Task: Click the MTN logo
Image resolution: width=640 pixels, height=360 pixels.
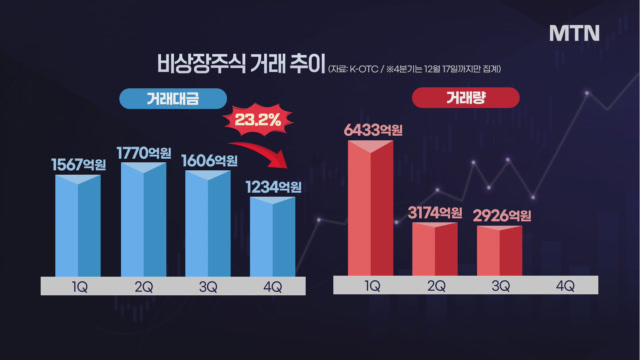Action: coord(574,33)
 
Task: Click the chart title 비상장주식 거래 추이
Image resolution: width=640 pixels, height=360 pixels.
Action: coord(241,63)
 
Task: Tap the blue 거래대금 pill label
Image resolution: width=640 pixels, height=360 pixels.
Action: coord(173,99)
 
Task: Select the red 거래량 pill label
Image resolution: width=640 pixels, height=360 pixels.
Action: coord(466,98)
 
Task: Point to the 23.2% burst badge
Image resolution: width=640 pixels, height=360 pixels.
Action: coord(258,120)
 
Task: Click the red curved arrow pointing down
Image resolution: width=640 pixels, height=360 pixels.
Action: coord(261,151)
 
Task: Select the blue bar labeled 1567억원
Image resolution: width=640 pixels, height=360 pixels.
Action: coord(78,226)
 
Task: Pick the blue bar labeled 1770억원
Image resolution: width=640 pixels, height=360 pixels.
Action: coord(144,219)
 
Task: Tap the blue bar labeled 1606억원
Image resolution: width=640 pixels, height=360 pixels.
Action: coord(208,223)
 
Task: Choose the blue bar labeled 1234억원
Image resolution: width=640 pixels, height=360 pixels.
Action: coord(273,237)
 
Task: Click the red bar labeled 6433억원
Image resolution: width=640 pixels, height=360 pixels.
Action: coord(371,208)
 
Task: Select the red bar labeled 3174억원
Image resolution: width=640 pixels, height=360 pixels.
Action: coord(435,249)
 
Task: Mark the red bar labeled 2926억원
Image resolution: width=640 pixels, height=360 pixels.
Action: coord(500,251)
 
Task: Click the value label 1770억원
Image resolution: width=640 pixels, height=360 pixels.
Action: coord(144,153)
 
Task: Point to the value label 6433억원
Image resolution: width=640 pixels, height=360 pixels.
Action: coord(373,130)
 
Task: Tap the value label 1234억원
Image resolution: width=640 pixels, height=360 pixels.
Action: coord(273,187)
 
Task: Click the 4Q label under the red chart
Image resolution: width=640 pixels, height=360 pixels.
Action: coord(565,286)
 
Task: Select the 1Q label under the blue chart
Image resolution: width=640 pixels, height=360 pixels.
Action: coord(80,287)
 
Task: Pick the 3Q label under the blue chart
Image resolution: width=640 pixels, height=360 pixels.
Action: coord(208,287)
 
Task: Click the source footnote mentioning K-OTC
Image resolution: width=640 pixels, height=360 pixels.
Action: coord(415,69)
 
